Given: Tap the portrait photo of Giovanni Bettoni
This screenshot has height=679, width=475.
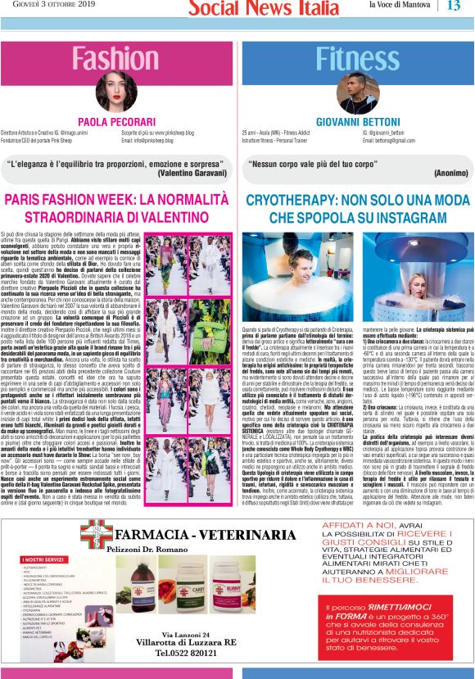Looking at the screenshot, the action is point(355,94).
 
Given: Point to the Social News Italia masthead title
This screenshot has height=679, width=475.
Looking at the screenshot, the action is point(253,8).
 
